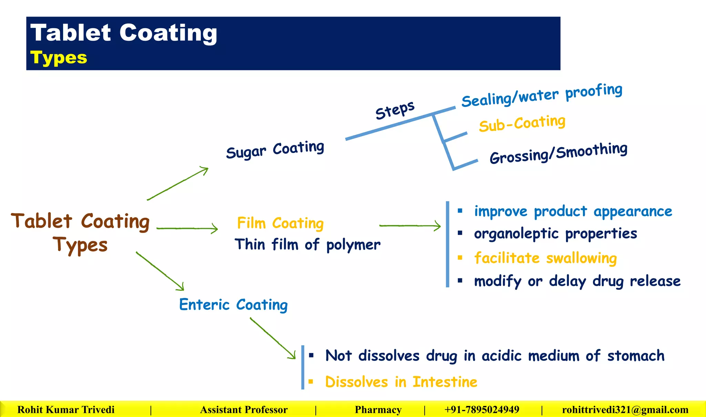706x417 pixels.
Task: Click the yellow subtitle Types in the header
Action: (59, 58)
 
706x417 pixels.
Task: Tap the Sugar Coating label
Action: (275, 150)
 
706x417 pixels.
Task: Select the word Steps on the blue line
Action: (395, 110)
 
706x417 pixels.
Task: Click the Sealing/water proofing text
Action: (542, 95)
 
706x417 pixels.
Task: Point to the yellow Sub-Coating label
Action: (522, 123)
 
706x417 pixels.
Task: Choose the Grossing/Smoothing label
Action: (558, 153)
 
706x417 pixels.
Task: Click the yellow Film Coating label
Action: (280, 223)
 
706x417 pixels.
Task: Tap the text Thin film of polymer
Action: (307, 245)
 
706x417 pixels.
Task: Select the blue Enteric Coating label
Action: (233, 305)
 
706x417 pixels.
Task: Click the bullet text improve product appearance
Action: (573, 211)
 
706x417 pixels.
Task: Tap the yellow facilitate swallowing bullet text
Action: (545, 258)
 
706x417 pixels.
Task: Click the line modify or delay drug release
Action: (577, 281)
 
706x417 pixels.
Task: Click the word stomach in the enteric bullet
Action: (636, 356)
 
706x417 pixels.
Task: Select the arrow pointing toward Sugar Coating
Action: (178, 183)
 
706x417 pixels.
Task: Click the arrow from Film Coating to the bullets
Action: (410, 226)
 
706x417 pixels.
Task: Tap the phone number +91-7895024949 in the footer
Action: (482, 410)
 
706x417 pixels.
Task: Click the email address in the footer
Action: (625, 410)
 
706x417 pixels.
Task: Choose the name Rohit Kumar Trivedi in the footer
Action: (66, 410)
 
